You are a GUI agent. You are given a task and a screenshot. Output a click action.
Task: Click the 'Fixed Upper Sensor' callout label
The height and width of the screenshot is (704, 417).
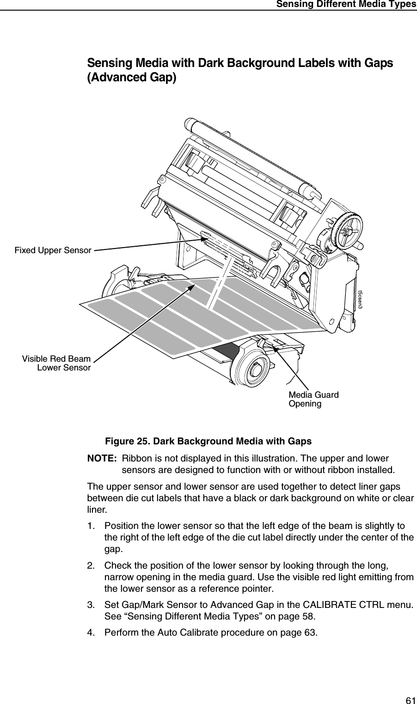coord(53,250)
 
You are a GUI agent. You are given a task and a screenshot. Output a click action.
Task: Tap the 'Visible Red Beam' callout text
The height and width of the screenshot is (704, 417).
coord(56,359)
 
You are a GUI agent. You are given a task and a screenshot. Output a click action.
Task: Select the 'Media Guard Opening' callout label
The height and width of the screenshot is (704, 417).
coord(313,399)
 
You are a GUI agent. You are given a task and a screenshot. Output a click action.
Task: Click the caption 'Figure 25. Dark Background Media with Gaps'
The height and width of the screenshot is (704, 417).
coord(208,441)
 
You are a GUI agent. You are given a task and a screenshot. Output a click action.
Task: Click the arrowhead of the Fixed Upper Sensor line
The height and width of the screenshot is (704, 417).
coord(206,239)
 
